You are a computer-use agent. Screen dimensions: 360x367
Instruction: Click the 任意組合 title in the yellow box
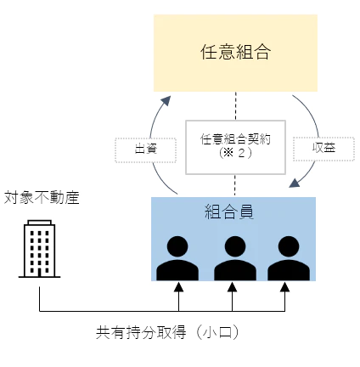(235, 52)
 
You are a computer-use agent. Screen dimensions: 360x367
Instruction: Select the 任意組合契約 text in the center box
(235, 139)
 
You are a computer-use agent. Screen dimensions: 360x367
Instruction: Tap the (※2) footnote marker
(235, 153)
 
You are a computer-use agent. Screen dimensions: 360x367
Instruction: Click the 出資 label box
(145, 150)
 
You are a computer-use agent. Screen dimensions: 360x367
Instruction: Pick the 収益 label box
(323, 149)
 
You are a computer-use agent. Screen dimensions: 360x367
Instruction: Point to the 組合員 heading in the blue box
(229, 212)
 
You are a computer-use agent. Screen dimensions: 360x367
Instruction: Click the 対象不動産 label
(42, 198)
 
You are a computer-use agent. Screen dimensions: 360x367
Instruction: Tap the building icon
(39, 249)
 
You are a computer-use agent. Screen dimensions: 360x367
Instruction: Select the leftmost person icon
(177, 258)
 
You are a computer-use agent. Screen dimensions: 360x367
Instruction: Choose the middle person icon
(235, 258)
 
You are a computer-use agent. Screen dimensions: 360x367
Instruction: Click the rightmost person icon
(289, 258)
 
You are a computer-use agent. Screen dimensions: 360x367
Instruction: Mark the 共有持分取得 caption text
(141, 332)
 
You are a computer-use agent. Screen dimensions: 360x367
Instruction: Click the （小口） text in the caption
(217, 332)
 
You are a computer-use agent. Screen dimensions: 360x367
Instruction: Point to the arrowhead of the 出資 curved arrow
(166, 100)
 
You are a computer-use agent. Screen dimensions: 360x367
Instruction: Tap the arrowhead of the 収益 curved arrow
(295, 183)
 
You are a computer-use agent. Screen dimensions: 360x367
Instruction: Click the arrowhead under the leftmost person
(178, 287)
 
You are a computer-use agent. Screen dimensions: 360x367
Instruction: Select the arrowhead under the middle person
(232, 287)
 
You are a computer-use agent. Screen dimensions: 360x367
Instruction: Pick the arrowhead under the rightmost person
(284, 287)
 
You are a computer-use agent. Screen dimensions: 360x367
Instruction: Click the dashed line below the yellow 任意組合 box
(236, 106)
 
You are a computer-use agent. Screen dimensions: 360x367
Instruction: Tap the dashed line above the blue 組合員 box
(235, 185)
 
